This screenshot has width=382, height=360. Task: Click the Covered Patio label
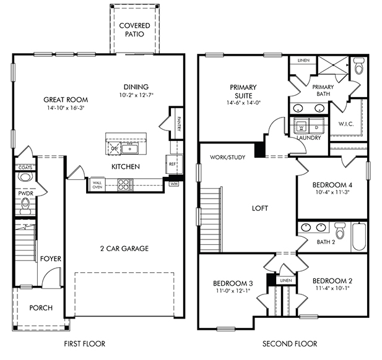pos(134,30)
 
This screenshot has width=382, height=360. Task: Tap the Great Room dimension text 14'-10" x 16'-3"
pos(66,108)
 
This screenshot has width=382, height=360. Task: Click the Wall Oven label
pos(97,185)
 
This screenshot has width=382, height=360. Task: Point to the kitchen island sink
pos(130,148)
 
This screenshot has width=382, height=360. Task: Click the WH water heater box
pos(174,184)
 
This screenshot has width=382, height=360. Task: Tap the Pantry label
pos(179,124)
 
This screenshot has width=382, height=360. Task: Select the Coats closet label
pos(25,168)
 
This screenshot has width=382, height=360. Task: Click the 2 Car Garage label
pos(124,248)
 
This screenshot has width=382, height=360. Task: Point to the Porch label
pos(41,307)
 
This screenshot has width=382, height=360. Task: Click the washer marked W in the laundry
pos(302,126)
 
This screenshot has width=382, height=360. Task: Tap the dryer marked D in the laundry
pos(316,126)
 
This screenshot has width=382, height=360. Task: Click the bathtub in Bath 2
pos(359,236)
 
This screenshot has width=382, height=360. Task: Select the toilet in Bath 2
pos(339,230)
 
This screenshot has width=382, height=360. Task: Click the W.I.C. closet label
pos(346,124)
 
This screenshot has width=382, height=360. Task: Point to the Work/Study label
pos(228,157)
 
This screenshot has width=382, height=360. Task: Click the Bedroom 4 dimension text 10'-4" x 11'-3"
pos(332,192)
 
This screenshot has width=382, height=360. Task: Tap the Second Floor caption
pos(290,344)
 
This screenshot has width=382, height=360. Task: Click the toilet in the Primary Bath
pos(358,66)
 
